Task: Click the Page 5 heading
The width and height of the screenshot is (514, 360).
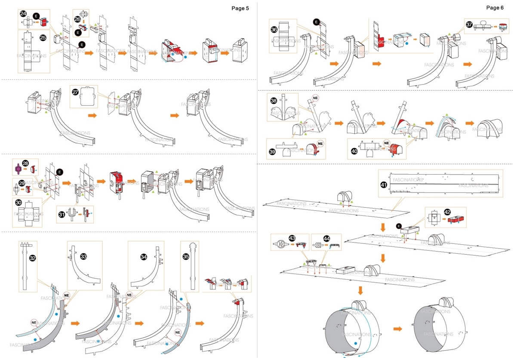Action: (240, 8)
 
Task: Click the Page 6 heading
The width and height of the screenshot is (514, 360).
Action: (495, 8)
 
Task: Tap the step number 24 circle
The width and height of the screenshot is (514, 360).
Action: (23, 14)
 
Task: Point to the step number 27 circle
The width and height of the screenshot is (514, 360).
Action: (74, 92)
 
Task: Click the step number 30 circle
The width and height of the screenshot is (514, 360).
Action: (18, 202)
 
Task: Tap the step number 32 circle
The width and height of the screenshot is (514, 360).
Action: (33, 258)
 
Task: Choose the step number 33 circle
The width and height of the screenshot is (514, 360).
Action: (83, 256)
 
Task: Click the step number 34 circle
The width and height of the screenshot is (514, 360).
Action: (144, 257)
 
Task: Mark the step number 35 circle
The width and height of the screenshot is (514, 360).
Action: (186, 257)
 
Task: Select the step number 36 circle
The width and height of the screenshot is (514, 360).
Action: (274, 29)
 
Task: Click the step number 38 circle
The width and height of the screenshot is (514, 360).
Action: (274, 100)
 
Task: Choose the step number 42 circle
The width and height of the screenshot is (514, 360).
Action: (447, 212)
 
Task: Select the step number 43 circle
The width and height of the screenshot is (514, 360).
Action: (280, 238)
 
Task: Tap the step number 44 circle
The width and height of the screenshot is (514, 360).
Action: (315, 238)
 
